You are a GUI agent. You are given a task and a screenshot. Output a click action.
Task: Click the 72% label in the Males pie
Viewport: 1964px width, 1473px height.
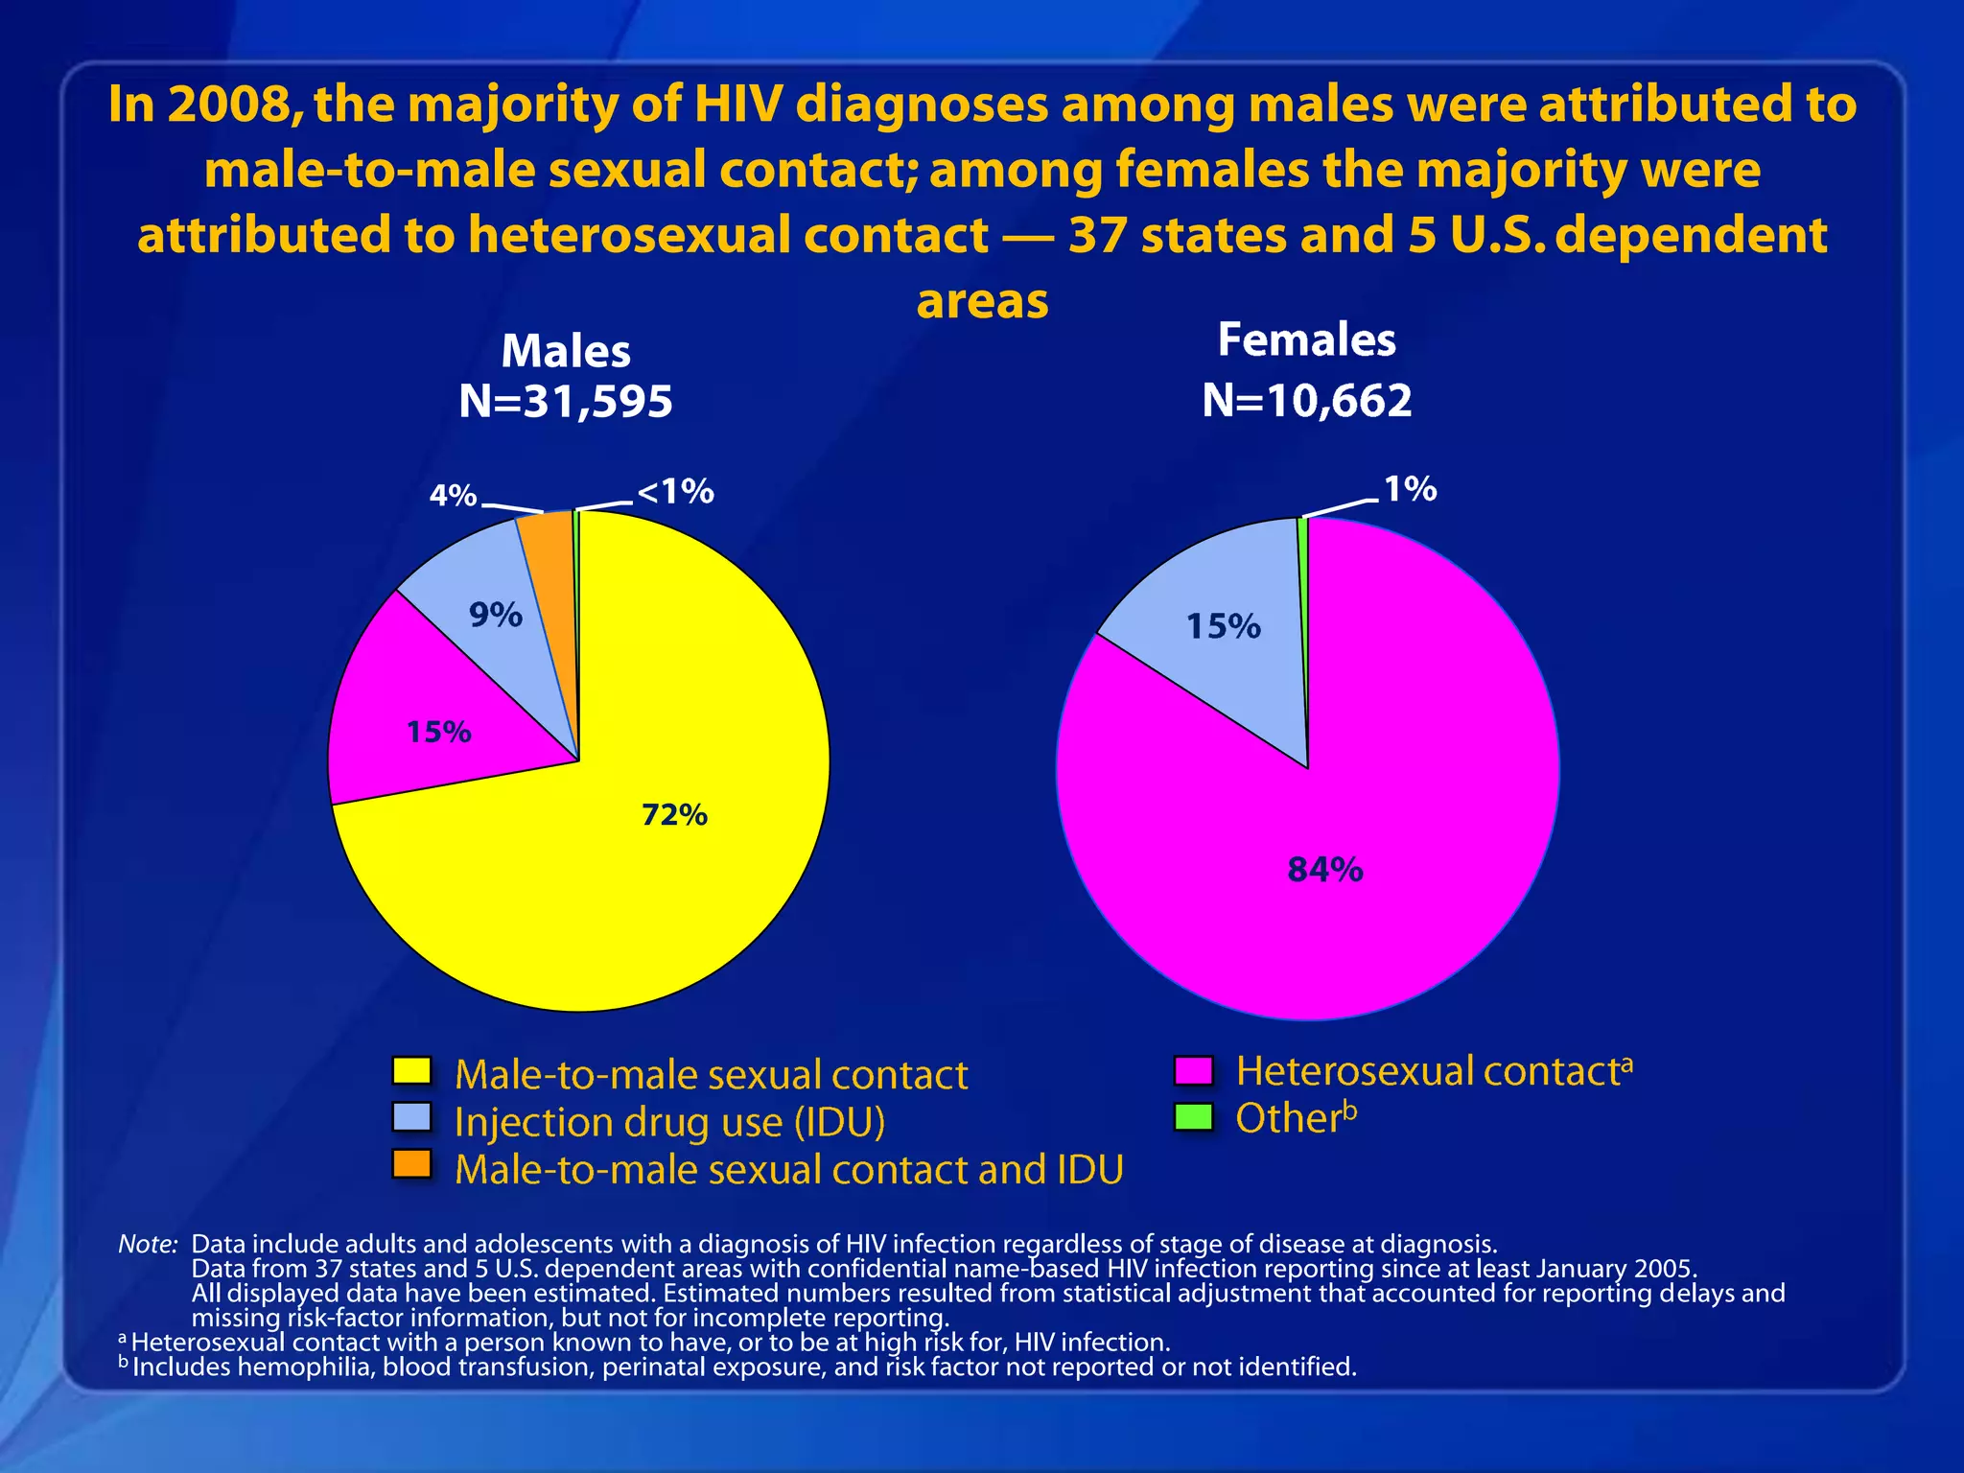tap(674, 815)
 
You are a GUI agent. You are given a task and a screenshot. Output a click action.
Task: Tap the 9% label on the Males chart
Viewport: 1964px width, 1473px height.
tap(496, 615)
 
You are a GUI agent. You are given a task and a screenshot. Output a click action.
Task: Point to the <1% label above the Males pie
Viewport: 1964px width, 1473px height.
tap(676, 492)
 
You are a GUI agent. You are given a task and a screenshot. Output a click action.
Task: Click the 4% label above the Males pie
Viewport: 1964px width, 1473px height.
tap(453, 496)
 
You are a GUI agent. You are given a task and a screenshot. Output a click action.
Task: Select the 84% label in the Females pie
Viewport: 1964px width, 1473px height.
tap(1325, 870)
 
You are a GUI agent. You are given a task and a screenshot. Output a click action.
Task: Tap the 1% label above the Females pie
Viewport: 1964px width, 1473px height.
tap(1410, 489)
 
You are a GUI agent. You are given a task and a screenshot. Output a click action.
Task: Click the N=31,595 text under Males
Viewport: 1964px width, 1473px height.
tap(566, 401)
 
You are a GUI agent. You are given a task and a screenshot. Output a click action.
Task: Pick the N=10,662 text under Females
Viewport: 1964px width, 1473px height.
tap(1307, 400)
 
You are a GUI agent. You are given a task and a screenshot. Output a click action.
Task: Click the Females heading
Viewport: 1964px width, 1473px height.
tap(1306, 339)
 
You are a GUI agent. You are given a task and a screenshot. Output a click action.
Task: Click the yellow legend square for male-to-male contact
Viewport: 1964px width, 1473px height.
tap(412, 1070)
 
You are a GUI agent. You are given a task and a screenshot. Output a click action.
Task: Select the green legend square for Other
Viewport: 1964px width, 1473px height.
tap(1194, 1116)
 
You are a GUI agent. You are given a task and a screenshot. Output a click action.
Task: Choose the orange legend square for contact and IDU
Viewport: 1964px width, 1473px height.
tap(412, 1164)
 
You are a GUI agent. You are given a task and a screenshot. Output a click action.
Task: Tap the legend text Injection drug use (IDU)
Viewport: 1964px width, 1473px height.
tap(669, 1122)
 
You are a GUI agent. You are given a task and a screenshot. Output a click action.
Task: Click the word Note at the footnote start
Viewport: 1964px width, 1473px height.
tap(148, 1244)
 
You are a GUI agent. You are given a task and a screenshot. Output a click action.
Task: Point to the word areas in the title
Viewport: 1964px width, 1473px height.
tap(982, 300)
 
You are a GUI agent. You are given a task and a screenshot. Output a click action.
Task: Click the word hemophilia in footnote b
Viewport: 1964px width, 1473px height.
tap(306, 1367)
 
